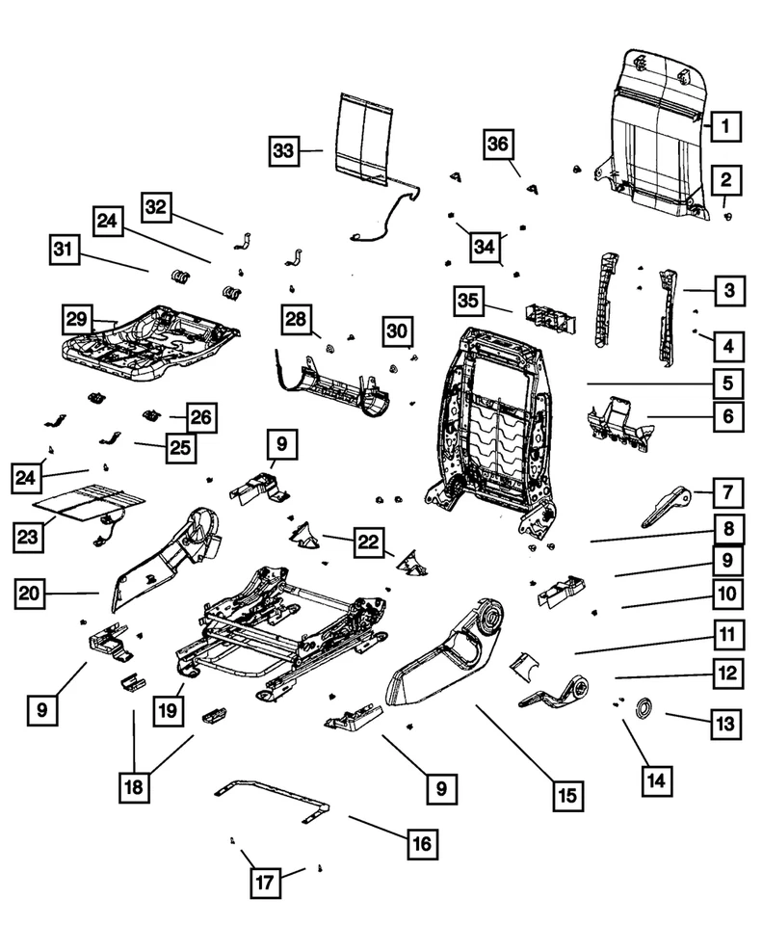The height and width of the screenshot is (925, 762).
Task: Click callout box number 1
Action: [x=726, y=125]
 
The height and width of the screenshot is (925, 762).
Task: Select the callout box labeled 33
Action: [x=282, y=151]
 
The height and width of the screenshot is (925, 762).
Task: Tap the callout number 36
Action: [x=498, y=144]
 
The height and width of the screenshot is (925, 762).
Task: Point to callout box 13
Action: [x=725, y=723]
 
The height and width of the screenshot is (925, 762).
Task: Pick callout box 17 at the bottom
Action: [x=267, y=881]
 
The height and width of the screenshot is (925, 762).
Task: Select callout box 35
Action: [x=468, y=301]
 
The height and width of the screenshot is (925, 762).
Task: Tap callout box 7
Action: [x=727, y=493]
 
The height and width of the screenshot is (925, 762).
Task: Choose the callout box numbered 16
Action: [x=421, y=843]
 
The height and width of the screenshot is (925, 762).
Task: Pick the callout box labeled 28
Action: [x=298, y=318]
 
